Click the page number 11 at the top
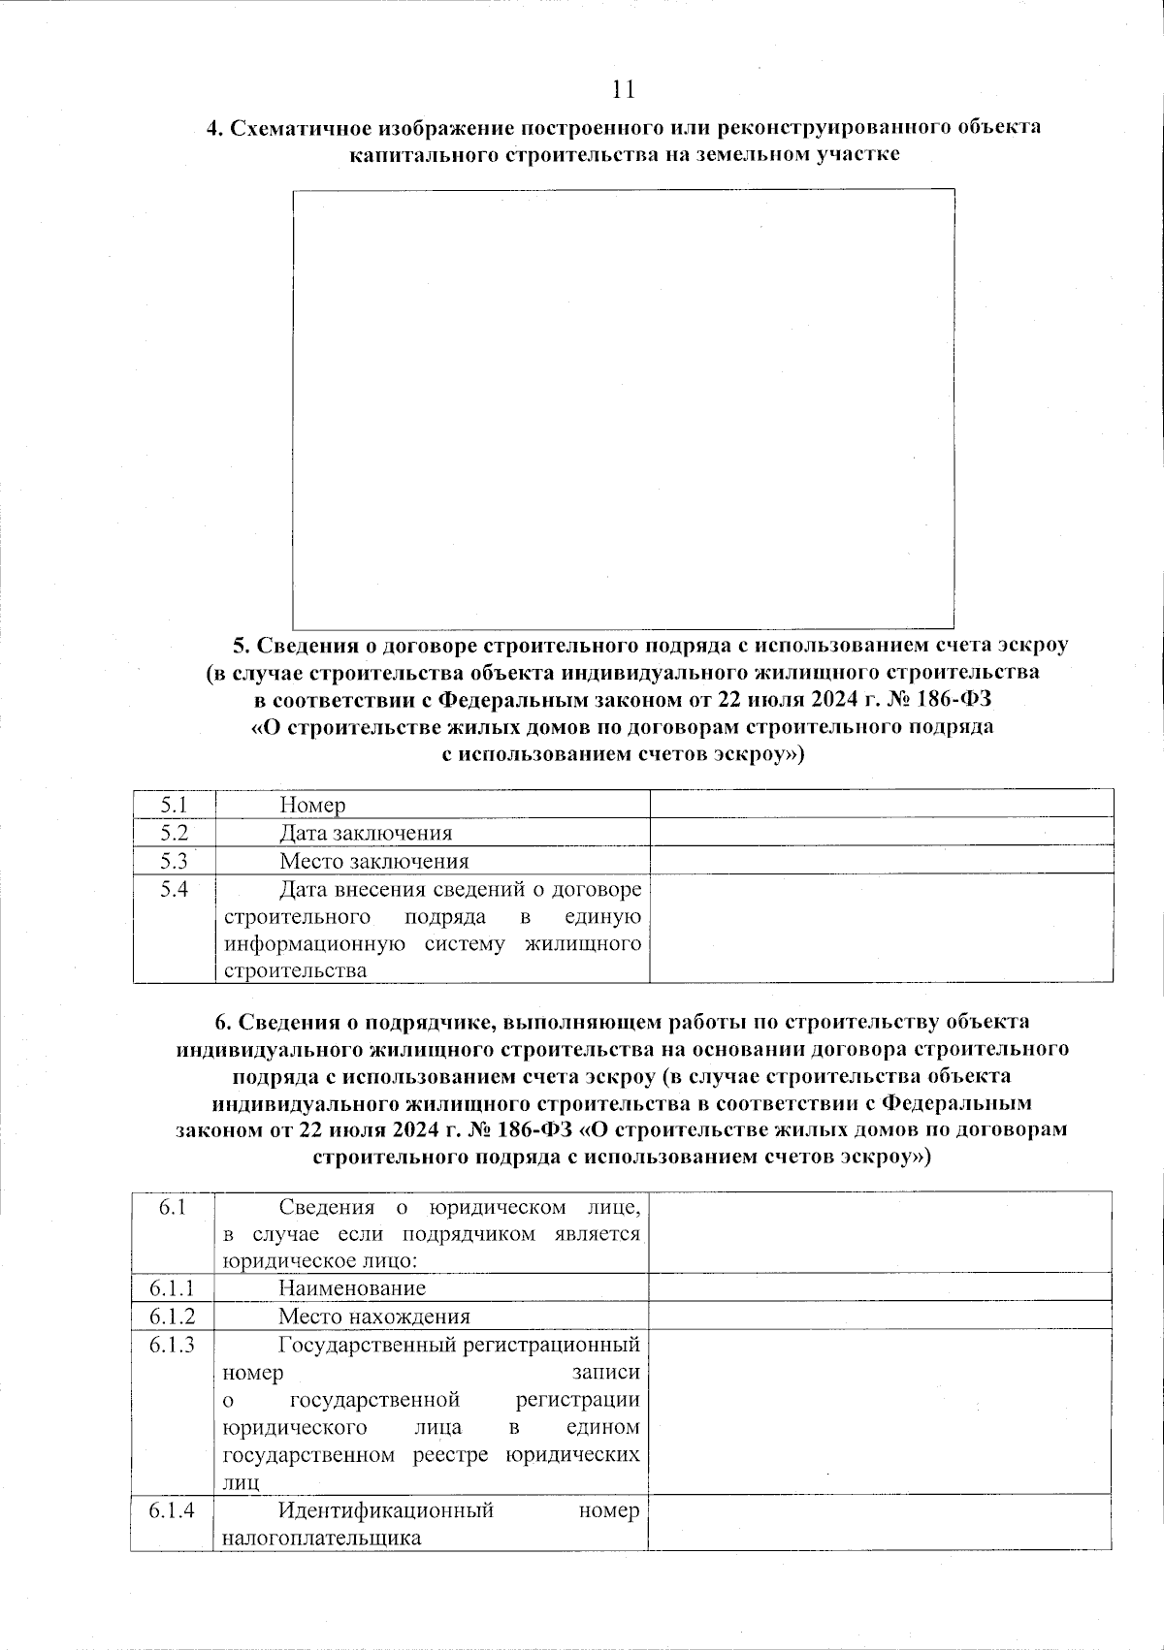click(x=623, y=90)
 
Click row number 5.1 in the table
click(x=174, y=804)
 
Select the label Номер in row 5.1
click(x=312, y=805)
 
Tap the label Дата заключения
click(x=366, y=833)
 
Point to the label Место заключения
click(x=373, y=861)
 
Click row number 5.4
click(x=174, y=888)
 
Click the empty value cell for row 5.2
click(x=881, y=832)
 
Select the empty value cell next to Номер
click(x=881, y=804)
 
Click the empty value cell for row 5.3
click(x=881, y=860)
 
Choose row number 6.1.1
click(x=172, y=1287)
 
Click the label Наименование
click(x=352, y=1287)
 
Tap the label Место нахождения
click(x=373, y=1316)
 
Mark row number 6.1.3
click(x=172, y=1344)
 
